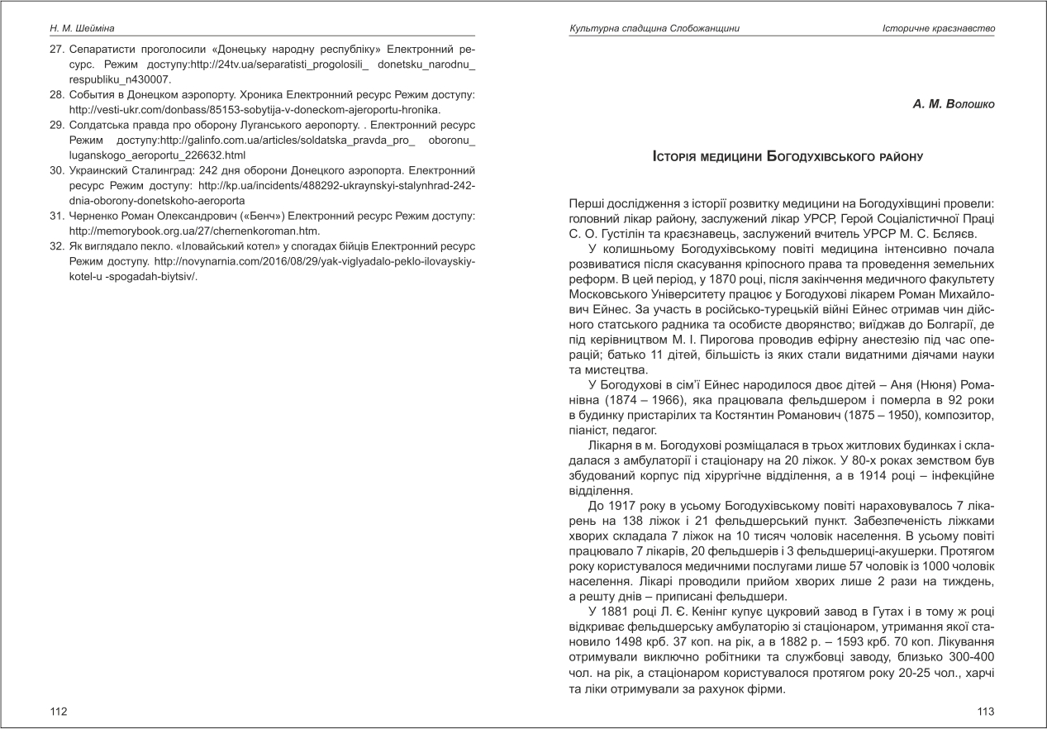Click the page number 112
58,711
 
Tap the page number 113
986,711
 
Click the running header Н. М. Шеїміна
83,28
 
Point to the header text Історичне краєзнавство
939,29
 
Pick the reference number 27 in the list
56,50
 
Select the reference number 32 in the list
56,245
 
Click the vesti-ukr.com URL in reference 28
255,110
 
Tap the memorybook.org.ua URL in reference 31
194,231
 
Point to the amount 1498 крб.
612,641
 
